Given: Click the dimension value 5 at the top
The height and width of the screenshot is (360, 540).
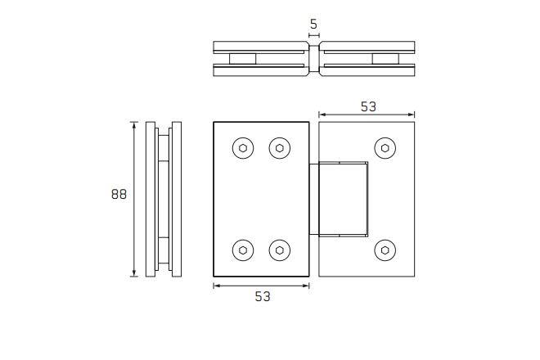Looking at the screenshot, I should (x=314, y=24).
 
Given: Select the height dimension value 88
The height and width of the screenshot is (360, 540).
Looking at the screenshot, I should (x=119, y=194).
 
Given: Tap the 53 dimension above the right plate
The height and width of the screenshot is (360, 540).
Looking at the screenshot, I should (x=367, y=106).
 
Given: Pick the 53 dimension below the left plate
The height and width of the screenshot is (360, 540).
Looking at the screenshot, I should (x=262, y=296).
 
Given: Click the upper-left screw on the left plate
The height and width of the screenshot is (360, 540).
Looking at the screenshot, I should (x=243, y=148).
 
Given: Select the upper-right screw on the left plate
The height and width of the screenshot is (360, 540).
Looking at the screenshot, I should (x=280, y=148).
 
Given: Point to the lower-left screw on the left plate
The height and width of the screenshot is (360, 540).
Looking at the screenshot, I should (x=243, y=250).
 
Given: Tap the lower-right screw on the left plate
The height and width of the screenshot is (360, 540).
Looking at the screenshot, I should (x=280, y=250).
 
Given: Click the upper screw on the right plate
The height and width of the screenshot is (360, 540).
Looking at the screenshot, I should (x=385, y=148).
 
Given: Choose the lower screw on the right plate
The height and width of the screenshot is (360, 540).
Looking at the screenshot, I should (x=385, y=250).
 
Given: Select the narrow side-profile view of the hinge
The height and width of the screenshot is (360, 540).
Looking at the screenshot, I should (x=162, y=199).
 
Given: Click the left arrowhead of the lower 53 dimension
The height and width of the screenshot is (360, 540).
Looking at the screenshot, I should (x=216, y=286).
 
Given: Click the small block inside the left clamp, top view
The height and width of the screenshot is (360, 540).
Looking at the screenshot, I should (x=243, y=59).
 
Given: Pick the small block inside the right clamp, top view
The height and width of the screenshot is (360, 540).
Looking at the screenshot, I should (x=385, y=59).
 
